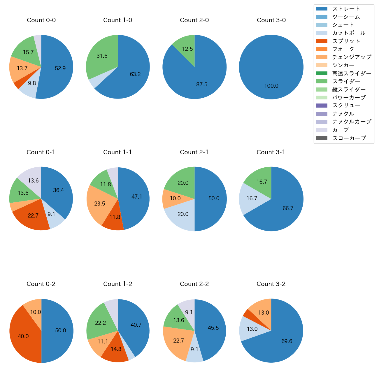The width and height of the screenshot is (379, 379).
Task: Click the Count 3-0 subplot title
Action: pos(271,20)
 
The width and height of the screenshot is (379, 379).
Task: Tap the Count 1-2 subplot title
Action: pos(117,284)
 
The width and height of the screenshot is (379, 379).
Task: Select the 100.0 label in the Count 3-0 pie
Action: pos(271,86)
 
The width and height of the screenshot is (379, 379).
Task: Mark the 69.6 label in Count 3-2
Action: pos(287,341)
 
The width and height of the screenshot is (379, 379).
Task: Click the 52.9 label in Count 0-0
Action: pos(60,69)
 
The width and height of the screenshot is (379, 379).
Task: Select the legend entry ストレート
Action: pos(346,9)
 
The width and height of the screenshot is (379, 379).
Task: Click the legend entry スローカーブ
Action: pos(349,138)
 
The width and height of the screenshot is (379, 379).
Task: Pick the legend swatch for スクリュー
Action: pos(322,106)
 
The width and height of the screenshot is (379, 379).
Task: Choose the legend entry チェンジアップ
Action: pos(352,57)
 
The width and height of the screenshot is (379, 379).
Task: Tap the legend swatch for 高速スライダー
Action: pos(322,73)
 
